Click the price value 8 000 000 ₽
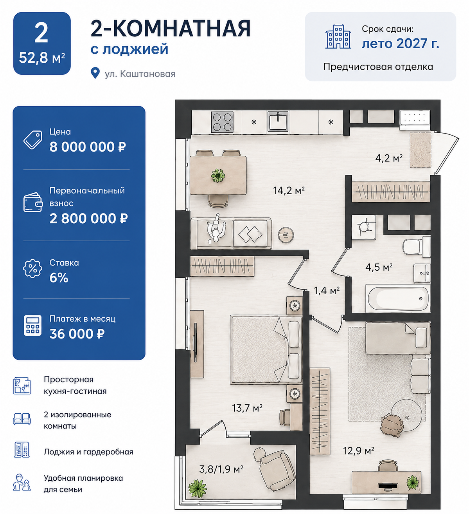(88, 147)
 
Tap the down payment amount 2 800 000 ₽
(88, 219)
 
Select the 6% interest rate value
(59, 277)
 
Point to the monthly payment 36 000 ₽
(77, 334)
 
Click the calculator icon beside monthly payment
(33, 326)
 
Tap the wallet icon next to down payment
(33, 203)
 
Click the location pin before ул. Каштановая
(95, 73)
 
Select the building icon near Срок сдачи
(338, 37)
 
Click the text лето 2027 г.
(401, 43)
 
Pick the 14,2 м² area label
(289, 190)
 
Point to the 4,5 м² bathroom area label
(379, 267)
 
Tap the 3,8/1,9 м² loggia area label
(221, 469)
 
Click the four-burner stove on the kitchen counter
(222, 122)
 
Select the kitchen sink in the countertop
(278, 121)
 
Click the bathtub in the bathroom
(398, 299)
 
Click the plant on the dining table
(218, 176)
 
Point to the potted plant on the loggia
(198, 489)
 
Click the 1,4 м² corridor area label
(327, 291)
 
